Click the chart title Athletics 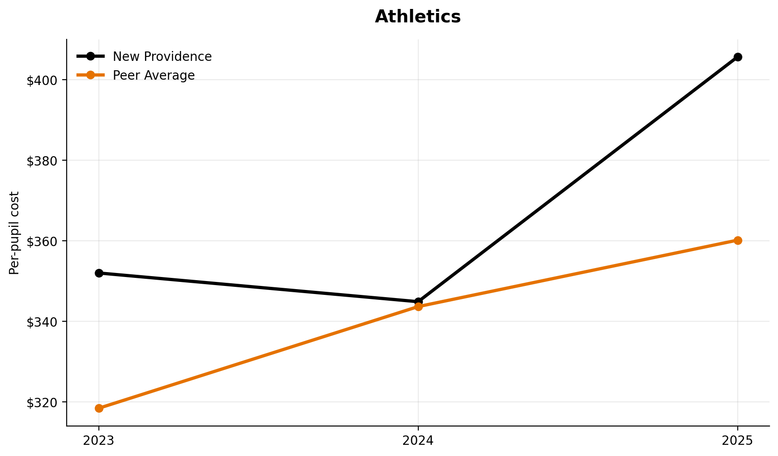point(417,17)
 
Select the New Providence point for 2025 point(738,57)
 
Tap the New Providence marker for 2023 point(99,273)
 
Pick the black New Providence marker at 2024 point(418,301)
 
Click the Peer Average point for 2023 point(99,408)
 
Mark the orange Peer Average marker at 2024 point(418,307)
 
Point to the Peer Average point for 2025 point(738,240)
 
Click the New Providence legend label point(162,57)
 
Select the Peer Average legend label point(153,76)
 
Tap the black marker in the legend point(90,56)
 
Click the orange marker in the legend point(90,75)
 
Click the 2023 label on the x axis point(99,441)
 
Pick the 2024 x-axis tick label point(418,441)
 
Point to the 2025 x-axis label point(738,441)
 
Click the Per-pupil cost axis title point(15,233)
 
